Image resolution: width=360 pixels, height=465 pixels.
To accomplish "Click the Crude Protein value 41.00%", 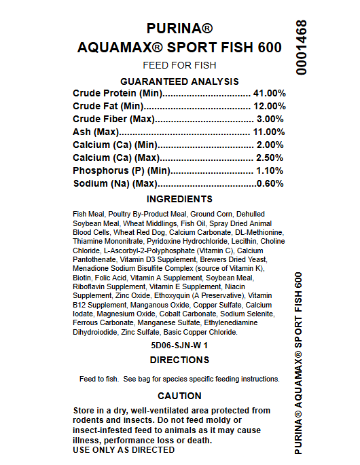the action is [269, 93].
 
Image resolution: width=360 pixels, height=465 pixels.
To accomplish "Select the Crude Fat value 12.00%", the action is [269, 106].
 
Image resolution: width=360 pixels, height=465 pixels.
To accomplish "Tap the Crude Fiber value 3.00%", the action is [271, 119].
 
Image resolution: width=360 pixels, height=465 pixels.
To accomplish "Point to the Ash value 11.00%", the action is [269, 132].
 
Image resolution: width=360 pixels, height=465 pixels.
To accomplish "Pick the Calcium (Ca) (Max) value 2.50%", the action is [271, 157].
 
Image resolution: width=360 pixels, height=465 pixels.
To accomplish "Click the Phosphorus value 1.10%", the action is [271, 170].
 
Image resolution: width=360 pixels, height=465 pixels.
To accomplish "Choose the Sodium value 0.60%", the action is [270, 183].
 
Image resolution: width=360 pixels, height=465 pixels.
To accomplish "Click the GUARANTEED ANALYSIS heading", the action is [179, 81].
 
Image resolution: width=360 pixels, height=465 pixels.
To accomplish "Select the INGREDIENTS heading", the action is [179, 199].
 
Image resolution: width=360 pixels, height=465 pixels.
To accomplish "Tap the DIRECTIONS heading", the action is [179, 360].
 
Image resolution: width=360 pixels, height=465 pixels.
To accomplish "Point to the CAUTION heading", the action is [179, 396].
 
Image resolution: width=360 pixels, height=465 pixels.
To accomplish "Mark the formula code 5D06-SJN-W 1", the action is [179, 345].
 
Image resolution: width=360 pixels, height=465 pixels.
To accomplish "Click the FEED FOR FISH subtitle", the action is [179, 65].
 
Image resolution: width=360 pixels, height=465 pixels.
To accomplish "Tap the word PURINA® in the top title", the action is [179, 29].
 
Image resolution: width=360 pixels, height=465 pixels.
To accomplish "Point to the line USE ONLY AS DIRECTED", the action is [123, 449].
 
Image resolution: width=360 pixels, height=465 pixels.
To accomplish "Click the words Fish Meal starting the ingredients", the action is [89, 214].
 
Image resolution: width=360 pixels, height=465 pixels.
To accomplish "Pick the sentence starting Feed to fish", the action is [179, 379].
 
